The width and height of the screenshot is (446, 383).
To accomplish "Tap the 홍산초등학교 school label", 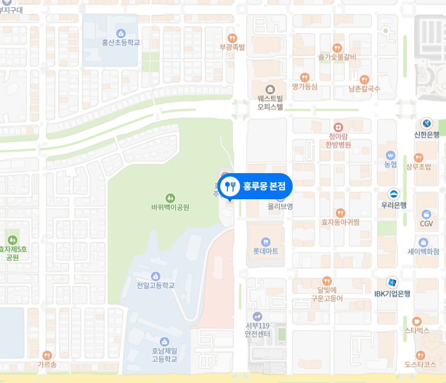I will (121, 43).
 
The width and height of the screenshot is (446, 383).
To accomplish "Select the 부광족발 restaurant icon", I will (232, 38).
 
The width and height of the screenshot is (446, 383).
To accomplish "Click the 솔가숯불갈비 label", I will (337, 57).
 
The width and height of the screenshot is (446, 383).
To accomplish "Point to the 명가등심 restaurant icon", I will (304, 77).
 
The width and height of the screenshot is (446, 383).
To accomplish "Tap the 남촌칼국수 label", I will (364, 88).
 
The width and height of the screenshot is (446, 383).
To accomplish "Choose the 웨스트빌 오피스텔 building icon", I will (270, 89).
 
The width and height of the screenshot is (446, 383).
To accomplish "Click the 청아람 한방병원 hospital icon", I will (338, 127).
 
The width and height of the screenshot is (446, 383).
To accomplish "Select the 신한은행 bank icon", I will (426, 123).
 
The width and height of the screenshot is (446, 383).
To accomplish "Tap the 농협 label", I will (390, 164).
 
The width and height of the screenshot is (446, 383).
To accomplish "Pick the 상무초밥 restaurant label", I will (418, 167).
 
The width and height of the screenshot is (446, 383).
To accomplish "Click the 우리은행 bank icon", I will (393, 194).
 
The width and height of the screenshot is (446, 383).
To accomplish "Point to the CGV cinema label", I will (426, 223).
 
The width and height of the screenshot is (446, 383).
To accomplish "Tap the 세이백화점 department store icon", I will (423, 242).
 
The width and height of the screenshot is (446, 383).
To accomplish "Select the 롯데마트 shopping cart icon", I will (265, 242).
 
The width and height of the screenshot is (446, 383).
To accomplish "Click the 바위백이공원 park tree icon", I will (170, 198).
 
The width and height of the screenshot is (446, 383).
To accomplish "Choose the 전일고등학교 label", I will (155, 285).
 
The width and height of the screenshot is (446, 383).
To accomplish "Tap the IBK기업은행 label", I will (392, 293).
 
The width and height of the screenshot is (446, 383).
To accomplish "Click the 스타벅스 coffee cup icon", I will (417, 321).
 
